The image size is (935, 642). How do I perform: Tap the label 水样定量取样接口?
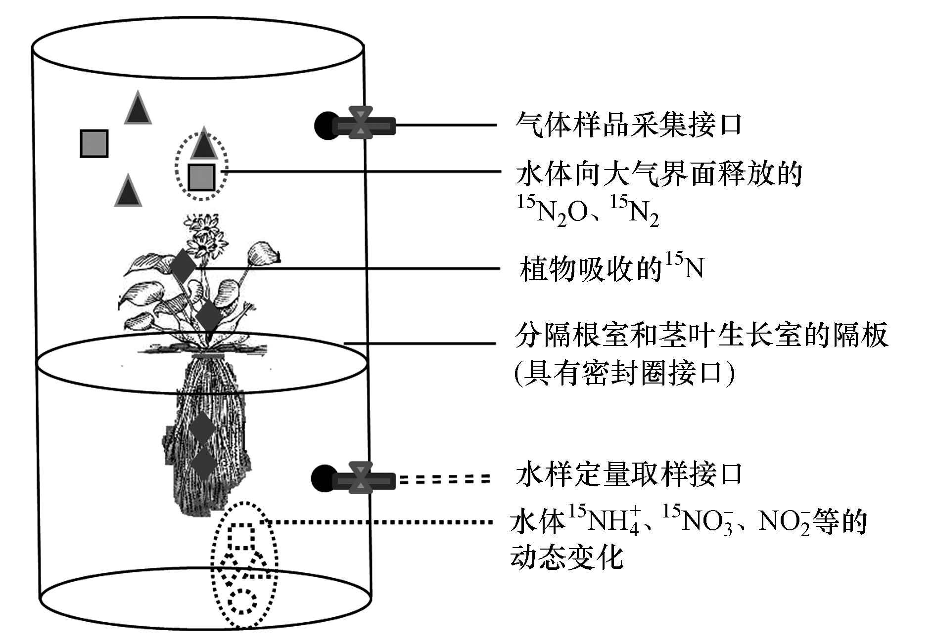point(628,474)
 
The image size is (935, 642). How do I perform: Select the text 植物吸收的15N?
point(611,269)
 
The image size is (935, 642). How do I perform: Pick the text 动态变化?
point(566,557)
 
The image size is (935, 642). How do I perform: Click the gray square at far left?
point(94,143)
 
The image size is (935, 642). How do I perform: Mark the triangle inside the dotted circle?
point(203,144)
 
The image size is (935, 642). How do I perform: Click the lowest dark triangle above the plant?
point(128,191)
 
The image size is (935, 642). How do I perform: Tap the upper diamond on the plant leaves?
point(183,267)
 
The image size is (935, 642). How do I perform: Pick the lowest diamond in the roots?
point(203,462)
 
